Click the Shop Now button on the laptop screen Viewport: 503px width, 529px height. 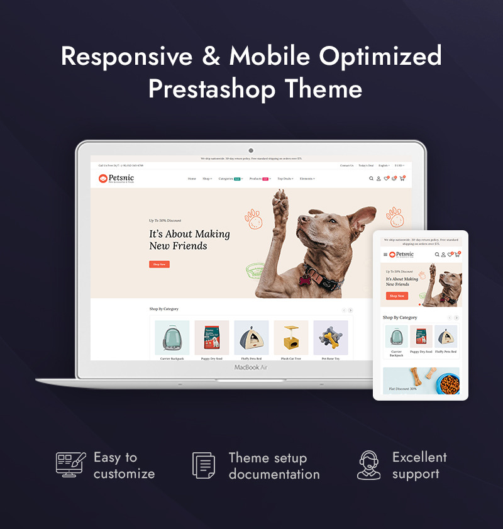point(159,264)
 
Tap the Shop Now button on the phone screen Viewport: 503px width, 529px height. point(397,296)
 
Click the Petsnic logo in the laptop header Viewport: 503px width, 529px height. point(116,179)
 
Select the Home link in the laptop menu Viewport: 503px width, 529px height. point(192,179)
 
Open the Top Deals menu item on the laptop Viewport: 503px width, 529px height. point(285,179)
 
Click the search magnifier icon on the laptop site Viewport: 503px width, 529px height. point(371,179)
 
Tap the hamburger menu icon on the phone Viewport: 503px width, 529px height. point(385,255)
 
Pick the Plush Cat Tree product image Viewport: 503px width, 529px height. point(291,338)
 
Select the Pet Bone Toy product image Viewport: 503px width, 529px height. point(331,338)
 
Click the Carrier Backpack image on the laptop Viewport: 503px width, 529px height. point(172,338)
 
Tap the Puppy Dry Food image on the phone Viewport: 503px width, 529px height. point(421,337)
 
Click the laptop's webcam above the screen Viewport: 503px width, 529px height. point(251,151)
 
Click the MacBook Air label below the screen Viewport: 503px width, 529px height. point(251,367)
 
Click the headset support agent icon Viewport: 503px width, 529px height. point(369,465)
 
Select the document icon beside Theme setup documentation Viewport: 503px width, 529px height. point(204,465)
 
